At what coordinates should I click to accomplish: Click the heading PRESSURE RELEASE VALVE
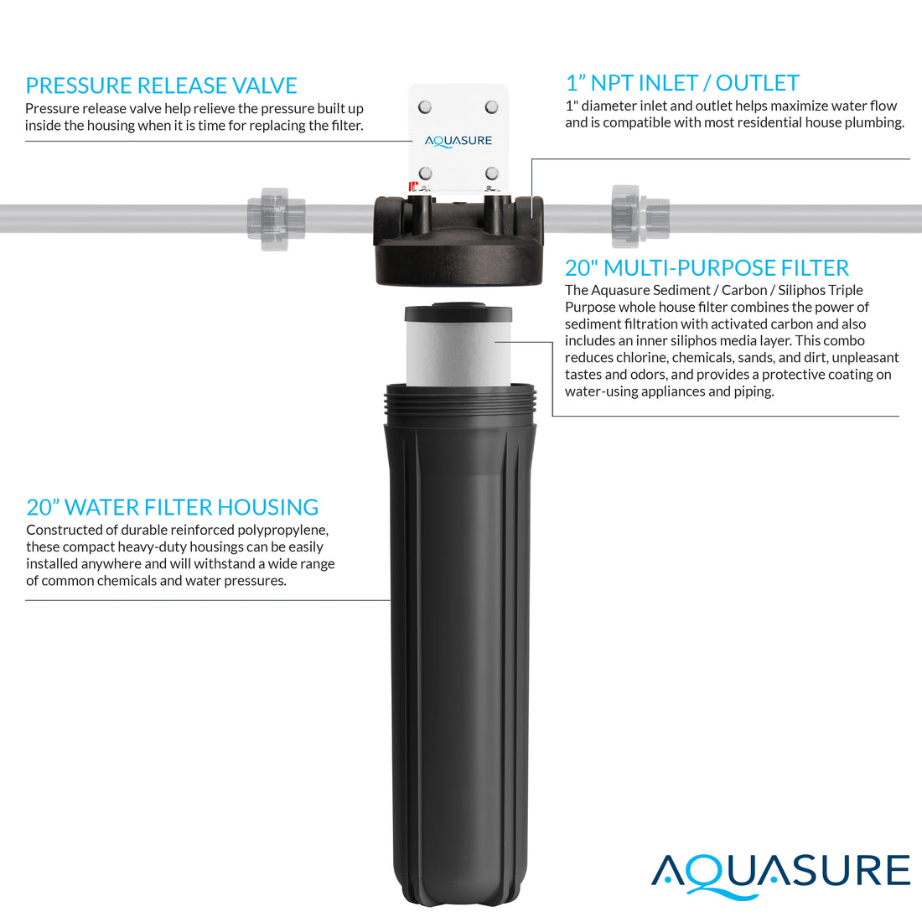tap(161, 85)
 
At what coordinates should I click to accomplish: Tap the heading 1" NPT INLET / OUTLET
tap(682, 83)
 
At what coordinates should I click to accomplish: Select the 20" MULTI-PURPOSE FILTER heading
tap(707, 268)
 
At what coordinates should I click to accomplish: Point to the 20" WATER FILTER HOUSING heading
tap(172, 507)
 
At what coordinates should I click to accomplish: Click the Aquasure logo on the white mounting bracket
tap(458, 141)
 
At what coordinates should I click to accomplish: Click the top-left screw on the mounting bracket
tap(425, 107)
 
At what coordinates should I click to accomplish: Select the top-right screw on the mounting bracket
tap(492, 107)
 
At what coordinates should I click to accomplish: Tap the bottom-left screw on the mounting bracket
tap(425, 174)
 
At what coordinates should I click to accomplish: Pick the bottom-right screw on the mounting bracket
tap(492, 174)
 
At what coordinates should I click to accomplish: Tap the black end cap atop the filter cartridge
tap(458, 314)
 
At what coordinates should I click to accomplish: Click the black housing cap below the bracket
tap(458, 239)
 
